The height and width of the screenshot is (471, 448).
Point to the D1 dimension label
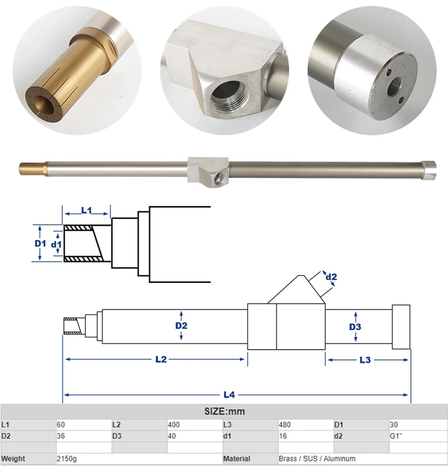[40, 243]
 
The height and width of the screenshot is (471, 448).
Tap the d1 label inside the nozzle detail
[56, 244]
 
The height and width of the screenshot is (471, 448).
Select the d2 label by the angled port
[331, 276]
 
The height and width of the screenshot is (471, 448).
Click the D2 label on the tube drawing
[181, 326]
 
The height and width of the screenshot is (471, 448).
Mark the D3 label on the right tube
[355, 327]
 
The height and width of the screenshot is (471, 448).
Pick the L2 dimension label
[161, 359]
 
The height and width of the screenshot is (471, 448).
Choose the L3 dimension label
[365, 359]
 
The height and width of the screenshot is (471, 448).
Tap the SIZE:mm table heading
[224, 412]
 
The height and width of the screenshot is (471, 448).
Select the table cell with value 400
[173, 424]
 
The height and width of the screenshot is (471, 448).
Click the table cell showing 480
[285, 424]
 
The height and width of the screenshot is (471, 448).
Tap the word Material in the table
[237, 458]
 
